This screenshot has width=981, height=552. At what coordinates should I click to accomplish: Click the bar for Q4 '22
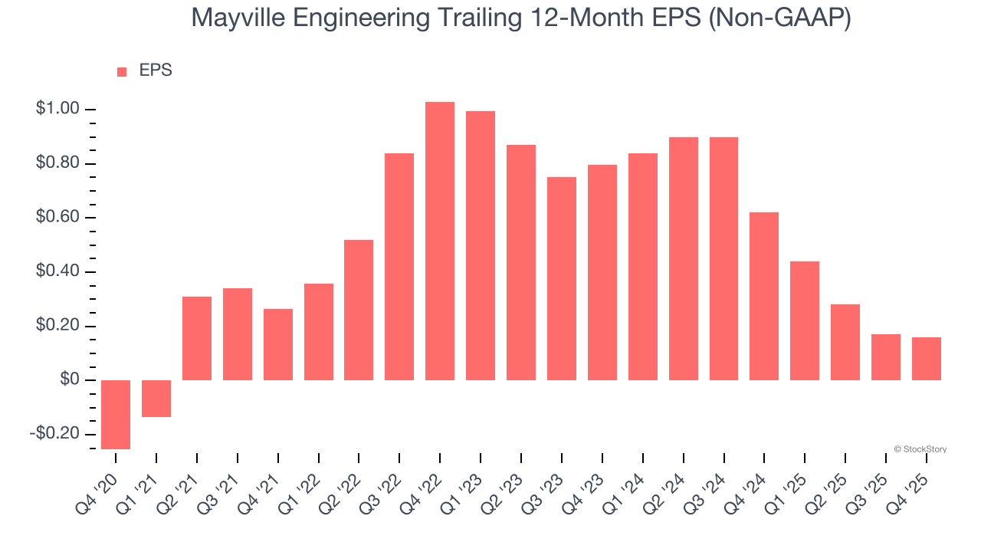[x=440, y=242]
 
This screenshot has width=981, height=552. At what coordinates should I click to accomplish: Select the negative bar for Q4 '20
[x=116, y=415]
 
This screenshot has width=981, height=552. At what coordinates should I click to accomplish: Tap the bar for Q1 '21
[x=156, y=399]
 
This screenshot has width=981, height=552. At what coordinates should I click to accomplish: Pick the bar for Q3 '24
[x=723, y=259]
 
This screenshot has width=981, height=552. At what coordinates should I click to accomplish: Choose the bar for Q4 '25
[x=926, y=359]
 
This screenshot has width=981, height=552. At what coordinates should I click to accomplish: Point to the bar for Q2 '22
[x=359, y=310]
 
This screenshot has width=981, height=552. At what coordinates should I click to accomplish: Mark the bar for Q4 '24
[x=764, y=297]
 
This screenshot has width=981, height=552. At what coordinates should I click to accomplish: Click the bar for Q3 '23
[x=562, y=279]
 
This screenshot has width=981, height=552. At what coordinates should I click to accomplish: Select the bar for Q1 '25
[x=805, y=321]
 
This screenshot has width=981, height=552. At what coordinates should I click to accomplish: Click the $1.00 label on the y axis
[x=57, y=110]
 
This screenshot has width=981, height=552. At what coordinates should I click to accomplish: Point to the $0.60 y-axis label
[x=57, y=218]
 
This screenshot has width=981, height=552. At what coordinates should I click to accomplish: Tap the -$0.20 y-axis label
[x=54, y=434]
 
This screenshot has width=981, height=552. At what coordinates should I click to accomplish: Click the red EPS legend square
[x=122, y=72]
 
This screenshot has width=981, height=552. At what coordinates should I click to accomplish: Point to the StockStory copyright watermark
[x=920, y=449]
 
